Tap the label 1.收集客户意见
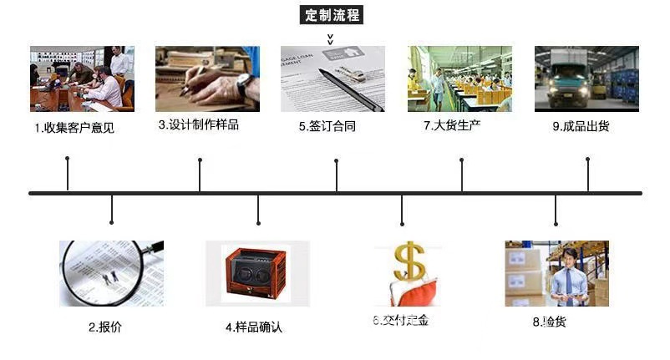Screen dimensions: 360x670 pos(74,128)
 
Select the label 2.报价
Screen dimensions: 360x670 pos(105,327)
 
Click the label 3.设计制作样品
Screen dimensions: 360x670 pos(198,125)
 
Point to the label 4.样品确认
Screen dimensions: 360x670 pos(254,327)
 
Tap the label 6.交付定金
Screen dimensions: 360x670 pos(400,321)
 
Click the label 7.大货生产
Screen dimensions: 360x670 pos(452,125)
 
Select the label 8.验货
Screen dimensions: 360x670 pos(549,321)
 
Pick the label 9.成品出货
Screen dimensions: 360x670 pos(581,126)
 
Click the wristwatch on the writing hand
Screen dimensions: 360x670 pos(244,84)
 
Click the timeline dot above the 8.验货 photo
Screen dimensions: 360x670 pos(556,222)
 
